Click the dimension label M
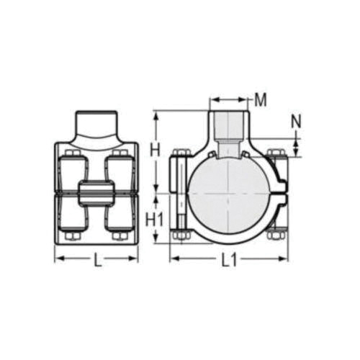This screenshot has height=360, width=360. coord(261,99)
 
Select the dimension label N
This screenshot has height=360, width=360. coord(296,122)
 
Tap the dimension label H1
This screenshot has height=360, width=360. coord(155,219)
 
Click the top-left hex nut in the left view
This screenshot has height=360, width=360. coord(72,153)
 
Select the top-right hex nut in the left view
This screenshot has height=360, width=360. coord(120,153)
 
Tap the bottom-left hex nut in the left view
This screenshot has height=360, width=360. coord(72,236)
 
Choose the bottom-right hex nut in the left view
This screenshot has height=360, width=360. coord(120,236)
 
